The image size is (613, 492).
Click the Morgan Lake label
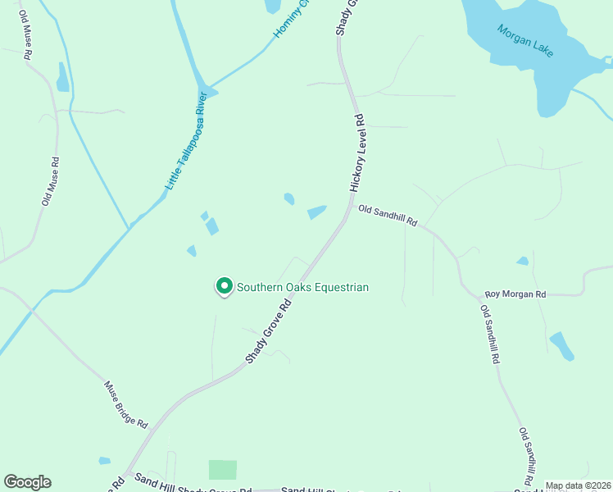pos(525,40)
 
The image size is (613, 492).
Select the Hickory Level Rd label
pos(358,153)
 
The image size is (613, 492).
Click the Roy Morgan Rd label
pos(515,294)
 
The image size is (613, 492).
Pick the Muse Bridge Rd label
pos(126,405)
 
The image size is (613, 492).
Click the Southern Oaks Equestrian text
pos(303,287)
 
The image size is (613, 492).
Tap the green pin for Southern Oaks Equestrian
pos(224,286)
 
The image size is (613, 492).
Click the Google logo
pos(27,482)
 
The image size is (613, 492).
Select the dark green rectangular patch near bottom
pos(222,470)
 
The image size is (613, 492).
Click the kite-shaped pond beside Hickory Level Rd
pos(316,212)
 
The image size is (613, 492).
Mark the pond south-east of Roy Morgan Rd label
pos(562,346)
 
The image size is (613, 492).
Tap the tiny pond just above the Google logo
pos(104,461)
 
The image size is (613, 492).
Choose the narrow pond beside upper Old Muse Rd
pos(62,77)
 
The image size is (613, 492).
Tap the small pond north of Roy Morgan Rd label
pos(523,262)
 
